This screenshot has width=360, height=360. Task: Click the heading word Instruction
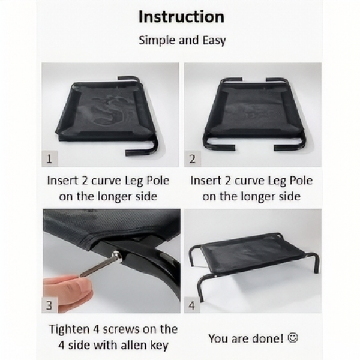point(181,17)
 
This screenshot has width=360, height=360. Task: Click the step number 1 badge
point(49,158)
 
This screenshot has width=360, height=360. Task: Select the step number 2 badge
point(193,158)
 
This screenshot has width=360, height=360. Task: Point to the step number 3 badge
point(49,305)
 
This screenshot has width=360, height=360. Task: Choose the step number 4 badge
point(192,305)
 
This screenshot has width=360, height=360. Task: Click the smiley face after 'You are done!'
point(293,338)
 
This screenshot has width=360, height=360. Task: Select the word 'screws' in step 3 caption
point(121,330)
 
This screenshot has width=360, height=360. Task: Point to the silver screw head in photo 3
point(116,254)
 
